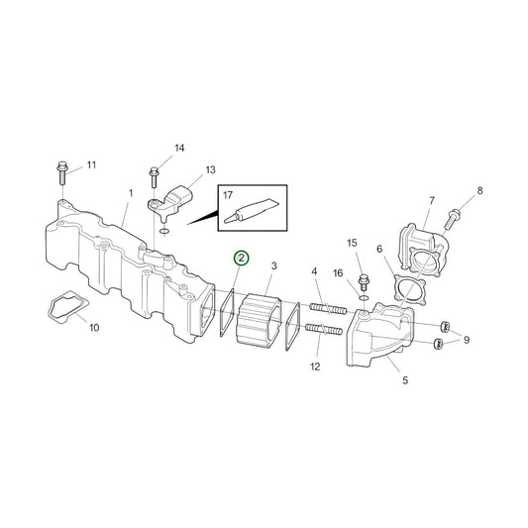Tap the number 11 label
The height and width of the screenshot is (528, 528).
pos(92,164)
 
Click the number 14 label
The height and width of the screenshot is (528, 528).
pos(179,149)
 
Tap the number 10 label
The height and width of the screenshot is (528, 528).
pos(94,327)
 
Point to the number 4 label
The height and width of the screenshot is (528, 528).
pos(314,271)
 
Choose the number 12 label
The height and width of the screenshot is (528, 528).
pos(314,367)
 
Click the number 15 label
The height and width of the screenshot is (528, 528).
pos(351,244)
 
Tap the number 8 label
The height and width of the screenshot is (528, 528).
pos(480,190)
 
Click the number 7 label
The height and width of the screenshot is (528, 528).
pos(431,201)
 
